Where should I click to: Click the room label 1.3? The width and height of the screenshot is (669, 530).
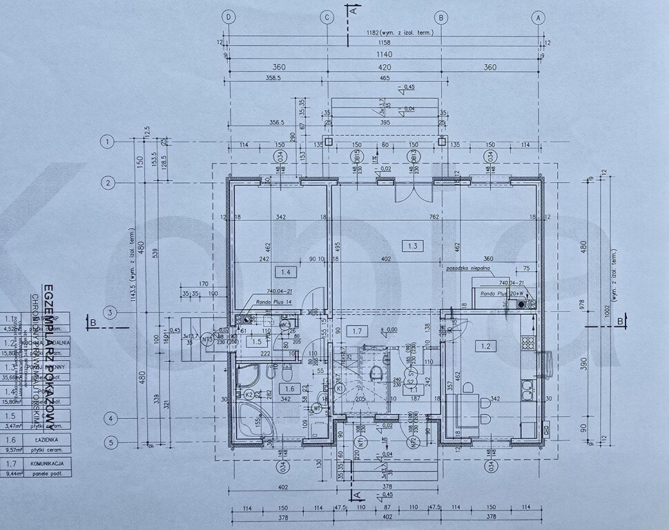pos(413,246)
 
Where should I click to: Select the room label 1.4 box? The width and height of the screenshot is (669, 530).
pos(284,271)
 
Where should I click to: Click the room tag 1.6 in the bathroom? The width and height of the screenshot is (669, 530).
pos(288,389)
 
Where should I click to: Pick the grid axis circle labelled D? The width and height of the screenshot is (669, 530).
pos(228,17)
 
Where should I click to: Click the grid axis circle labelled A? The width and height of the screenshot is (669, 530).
pos(539,17)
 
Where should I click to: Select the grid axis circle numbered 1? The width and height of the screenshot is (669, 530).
pos(106,143)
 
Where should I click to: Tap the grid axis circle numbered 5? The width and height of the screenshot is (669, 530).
pos(106,442)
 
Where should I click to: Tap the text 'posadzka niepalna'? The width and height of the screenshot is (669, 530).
pos(469,267)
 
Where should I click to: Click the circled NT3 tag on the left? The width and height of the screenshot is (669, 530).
pos(206,339)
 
